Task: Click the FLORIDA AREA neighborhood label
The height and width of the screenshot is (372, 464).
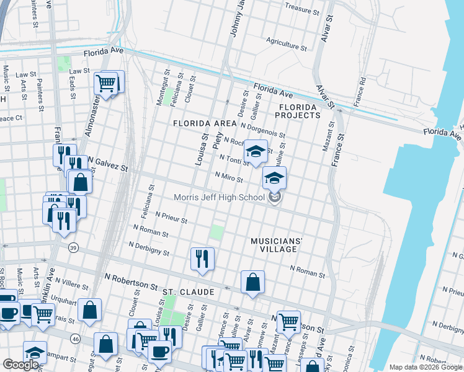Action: tap(205, 123)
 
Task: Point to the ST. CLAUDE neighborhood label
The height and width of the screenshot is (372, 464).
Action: tap(189, 291)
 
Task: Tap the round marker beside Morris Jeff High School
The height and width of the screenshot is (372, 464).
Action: tap(275, 198)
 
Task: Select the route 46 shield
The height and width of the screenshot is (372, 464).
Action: tap(76, 339)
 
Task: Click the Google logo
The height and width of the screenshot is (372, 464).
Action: tap(20, 365)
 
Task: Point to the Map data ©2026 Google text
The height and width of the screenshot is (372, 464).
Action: tap(425, 367)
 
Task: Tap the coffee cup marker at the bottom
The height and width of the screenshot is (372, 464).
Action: tap(159, 352)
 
